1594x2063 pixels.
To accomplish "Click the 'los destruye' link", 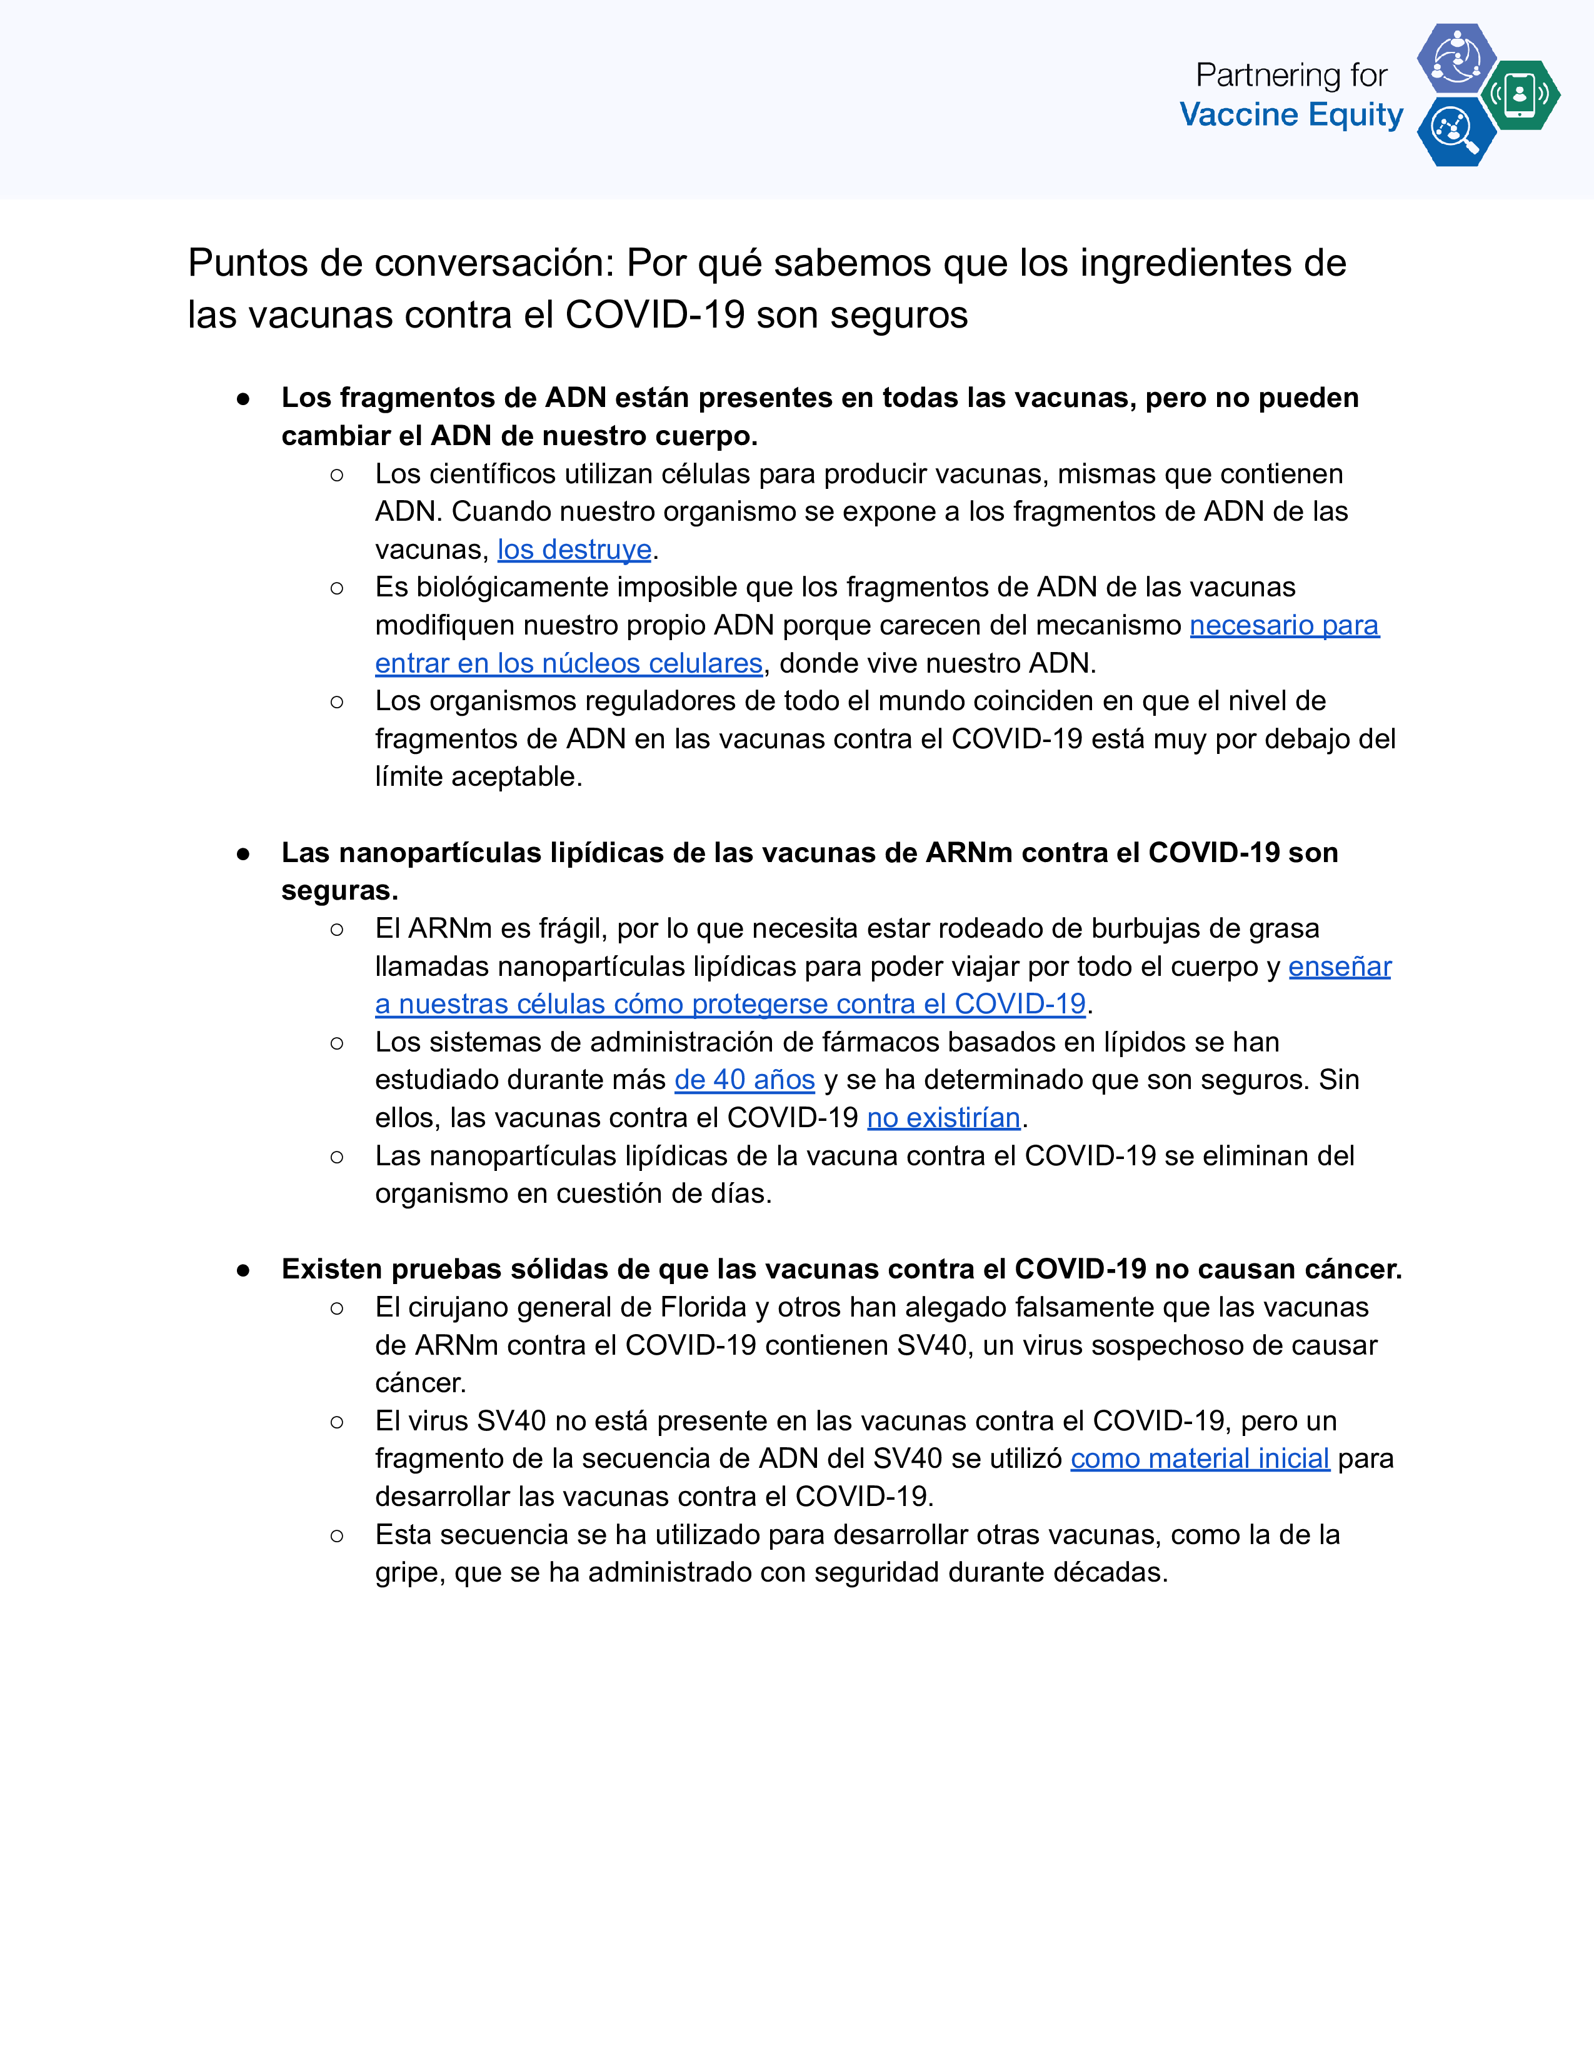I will click(574, 550).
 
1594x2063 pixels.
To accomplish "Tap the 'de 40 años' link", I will click(744, 1080).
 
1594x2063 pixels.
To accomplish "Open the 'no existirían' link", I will click(943, 1118).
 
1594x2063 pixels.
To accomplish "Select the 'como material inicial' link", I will click(1200, 1458).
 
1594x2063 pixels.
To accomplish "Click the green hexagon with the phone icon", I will click(1520, 94).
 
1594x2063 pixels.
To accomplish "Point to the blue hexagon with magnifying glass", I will click(1455, 131).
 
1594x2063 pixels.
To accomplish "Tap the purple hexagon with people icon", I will click(1456, 59).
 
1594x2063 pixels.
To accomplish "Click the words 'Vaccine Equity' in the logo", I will click(1291, 115).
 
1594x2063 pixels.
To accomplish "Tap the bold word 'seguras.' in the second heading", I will click(339, 891).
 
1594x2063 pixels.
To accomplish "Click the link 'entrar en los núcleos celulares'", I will click(568, 663).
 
